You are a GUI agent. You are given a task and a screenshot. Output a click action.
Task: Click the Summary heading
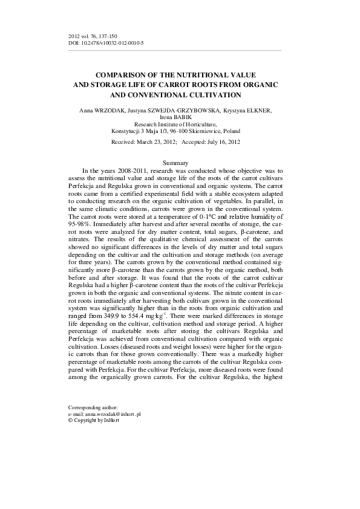176,163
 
